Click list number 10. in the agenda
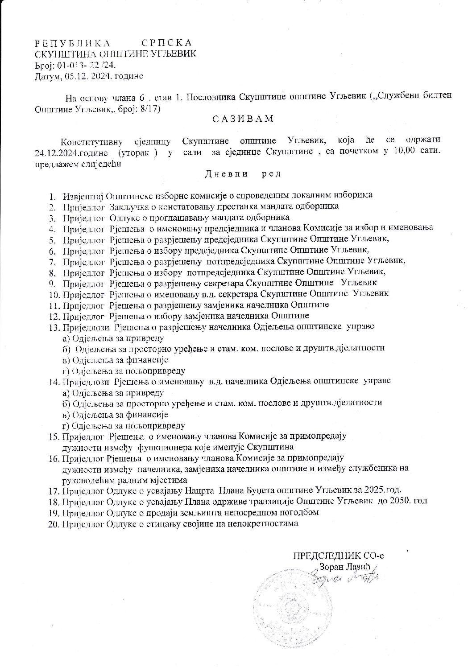tap(54, 294)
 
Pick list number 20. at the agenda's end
tap(54, 524)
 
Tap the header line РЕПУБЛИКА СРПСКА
tap(113, 43)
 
